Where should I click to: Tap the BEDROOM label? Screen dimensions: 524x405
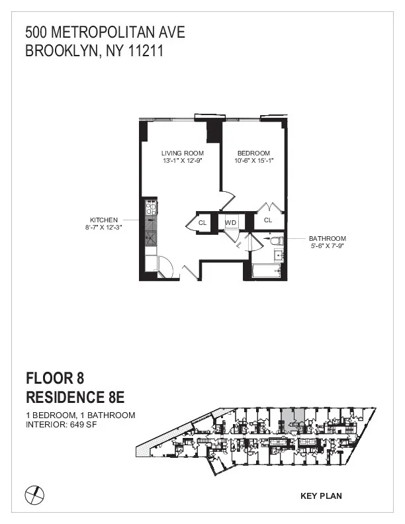253,153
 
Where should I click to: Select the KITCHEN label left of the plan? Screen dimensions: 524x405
104,220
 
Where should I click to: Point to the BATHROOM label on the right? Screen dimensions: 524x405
327,238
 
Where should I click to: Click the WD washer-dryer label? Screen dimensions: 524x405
230,222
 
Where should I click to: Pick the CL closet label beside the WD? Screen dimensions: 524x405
202,223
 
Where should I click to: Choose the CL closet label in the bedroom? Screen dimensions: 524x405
268,220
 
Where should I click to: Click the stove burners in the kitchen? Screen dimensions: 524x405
151,210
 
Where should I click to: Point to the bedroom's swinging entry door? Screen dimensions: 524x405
227,197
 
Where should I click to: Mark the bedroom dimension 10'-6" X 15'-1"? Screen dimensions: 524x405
253,161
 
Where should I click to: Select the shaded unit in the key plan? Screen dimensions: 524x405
292,419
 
